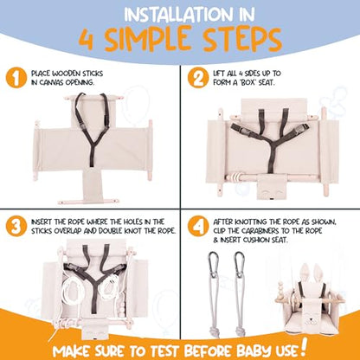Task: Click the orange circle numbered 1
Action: click(x=16, y=78)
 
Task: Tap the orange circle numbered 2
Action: click(x=198, y=78)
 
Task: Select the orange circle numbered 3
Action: click(x=16, y=227)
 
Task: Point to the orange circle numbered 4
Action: click(x=198, y=227)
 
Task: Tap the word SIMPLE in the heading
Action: click(x=146, y=39)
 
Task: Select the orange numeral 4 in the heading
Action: click(x=86, y=40)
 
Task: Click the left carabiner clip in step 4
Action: click(x=213, y=265)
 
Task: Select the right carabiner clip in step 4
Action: click(x=239, y=265)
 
